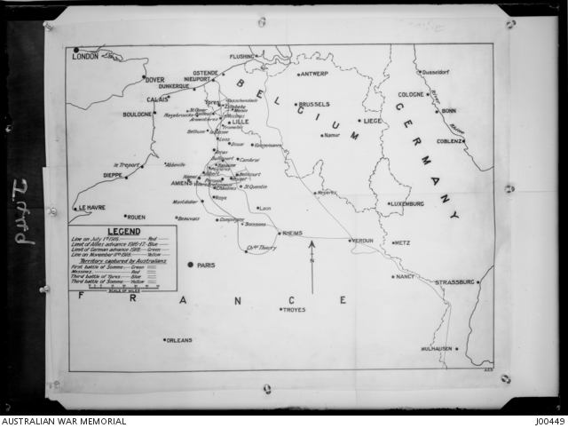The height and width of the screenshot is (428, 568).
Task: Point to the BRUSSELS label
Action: click(x=314, y=104)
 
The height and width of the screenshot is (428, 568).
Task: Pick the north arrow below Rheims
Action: click(x=312, y=267)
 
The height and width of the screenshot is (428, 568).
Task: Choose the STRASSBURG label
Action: click(x=455, y=282)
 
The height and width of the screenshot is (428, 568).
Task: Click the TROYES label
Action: click(x=294, y=310)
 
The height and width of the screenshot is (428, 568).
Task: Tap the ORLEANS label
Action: click(x=181, y=339)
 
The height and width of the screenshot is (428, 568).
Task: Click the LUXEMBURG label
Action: click(x=407, y=204)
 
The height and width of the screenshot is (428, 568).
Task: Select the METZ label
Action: click(x=403, y=242)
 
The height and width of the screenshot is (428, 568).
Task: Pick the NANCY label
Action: click(x=406, y=276)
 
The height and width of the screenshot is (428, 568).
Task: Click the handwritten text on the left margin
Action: click(x=23, y=212)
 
